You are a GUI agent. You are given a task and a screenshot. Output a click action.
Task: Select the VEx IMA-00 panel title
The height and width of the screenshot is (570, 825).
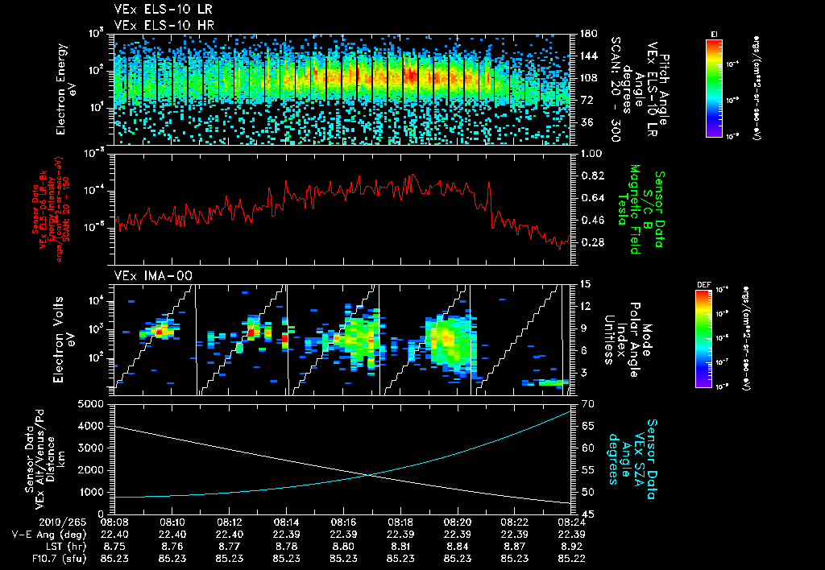click(x=154, y=276)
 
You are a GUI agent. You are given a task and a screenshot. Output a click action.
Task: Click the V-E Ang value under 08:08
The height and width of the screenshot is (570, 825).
click(x=117, y=533)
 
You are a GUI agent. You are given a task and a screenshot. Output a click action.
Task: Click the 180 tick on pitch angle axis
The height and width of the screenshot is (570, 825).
click(x=587, y=34)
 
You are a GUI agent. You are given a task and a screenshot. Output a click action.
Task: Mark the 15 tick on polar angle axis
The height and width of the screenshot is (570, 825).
click(x=584, y=283)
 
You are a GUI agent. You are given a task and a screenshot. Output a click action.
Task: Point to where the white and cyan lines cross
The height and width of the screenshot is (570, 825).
click(x=370, y=474)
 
